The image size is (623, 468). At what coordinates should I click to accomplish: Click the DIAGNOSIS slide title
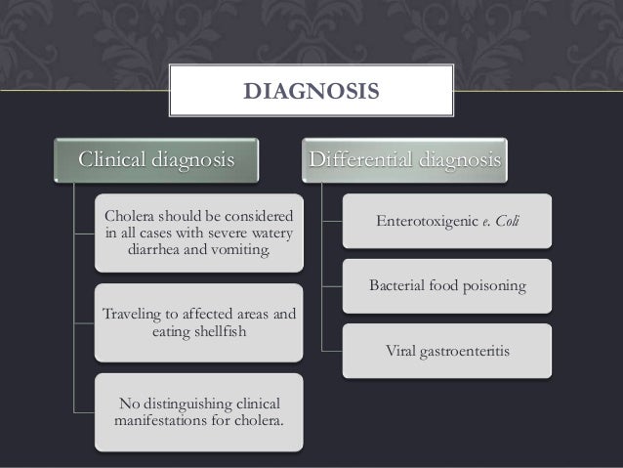(x=311, y=93)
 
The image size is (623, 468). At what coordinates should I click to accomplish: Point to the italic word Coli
(x=507, y=221)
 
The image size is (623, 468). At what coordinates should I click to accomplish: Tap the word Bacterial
(x=397, y=286)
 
